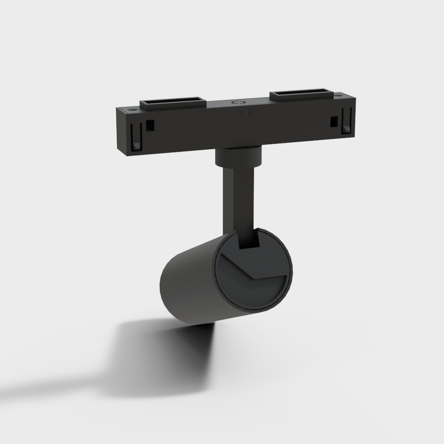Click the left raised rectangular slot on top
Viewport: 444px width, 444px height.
point(173,104)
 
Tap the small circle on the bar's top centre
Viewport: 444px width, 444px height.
point(238,103)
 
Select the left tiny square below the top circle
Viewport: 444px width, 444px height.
point(240,112)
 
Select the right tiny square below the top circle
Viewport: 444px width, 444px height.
point(250,111)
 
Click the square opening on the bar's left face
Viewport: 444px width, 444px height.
point(151,126)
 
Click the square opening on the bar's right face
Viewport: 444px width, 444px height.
point(333,121)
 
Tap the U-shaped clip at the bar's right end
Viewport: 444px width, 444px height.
point(347,123)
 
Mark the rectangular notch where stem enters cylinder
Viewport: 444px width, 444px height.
point(249,240)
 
